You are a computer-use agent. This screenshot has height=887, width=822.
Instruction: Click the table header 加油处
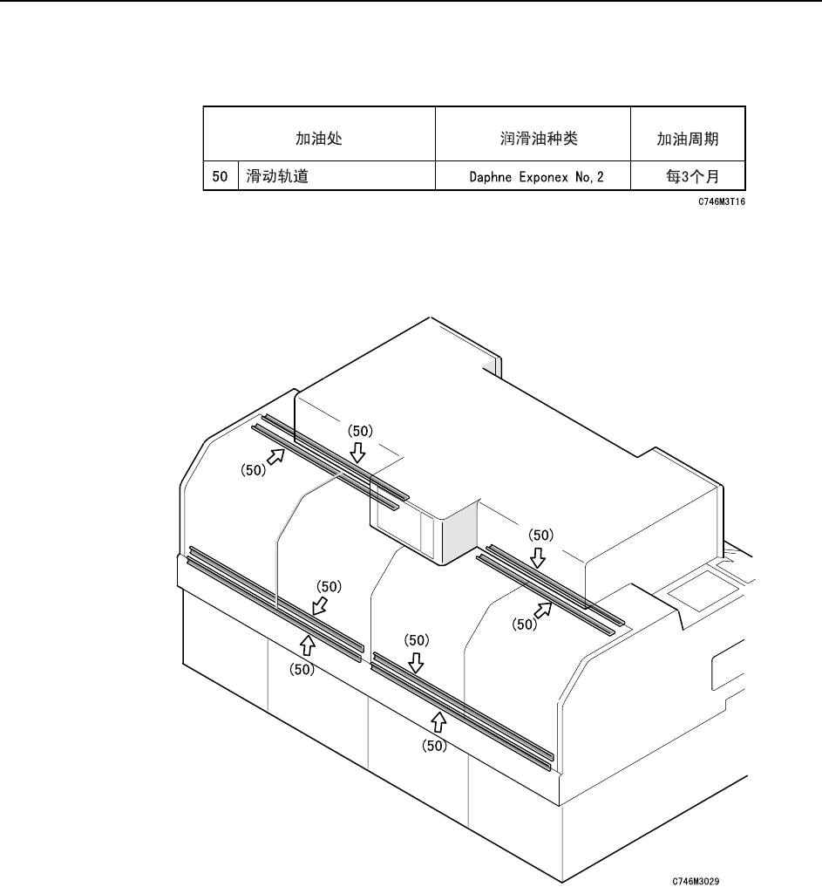(318, 138)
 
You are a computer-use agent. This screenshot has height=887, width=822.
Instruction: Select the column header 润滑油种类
(533, 138)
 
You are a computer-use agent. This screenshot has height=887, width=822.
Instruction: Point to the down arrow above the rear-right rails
(540, 556)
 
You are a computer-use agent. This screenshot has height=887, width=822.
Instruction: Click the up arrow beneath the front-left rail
(307, 645)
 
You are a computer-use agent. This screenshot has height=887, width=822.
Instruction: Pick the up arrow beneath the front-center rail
(438, 720)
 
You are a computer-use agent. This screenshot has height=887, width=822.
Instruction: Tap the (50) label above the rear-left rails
(361, 430)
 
